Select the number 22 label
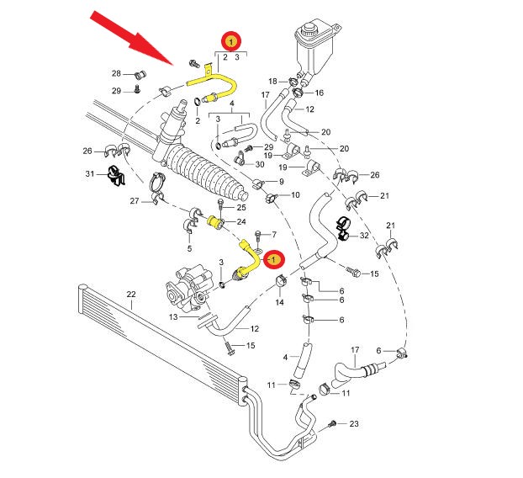coord(130,294)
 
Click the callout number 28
coord(117,73)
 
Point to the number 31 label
coord(90,173)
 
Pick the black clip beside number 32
coord(344,227)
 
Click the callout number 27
coord(134,201)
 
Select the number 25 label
coord(240,207)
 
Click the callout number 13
coord(173,317)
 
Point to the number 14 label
coord(280,301)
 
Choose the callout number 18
coord(272,81)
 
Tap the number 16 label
coord(320,93)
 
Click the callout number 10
coord(294,195)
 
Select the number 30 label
coord(259,163)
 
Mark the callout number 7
coord(273,233)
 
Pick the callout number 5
coord(189,248)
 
